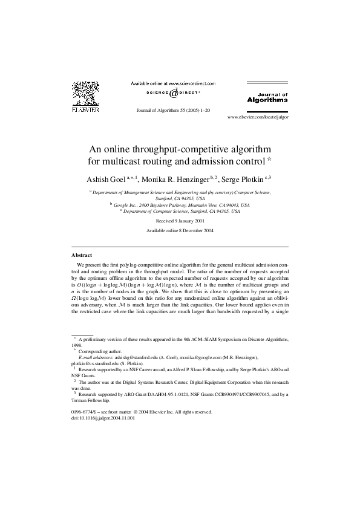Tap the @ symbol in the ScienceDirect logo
pyautogui.click(x=173, y=94)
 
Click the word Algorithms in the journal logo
pyautogui.click(x=267, y=100)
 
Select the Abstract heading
pyautogui.click(x=82, y=255)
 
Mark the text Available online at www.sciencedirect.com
pyautogui.click(x=173, y=83)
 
